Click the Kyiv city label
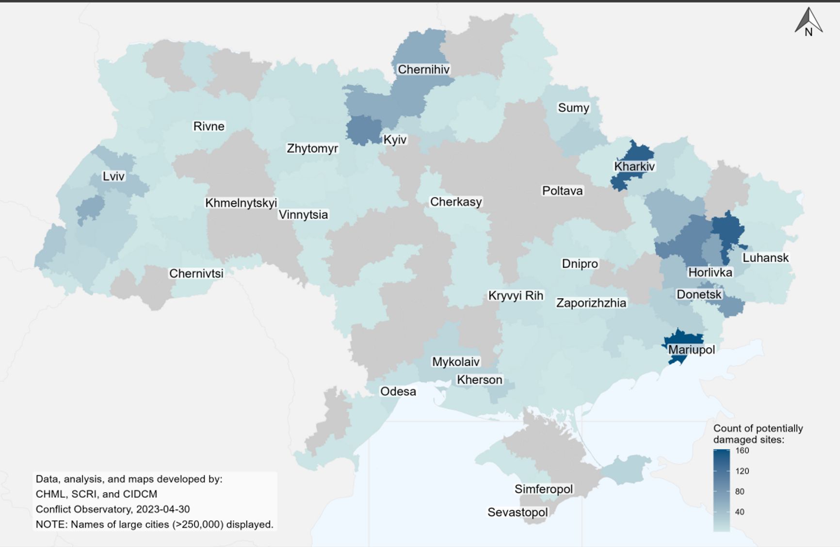tap(395, 140)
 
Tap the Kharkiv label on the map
tap(634, 166)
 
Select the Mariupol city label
tap(691, 350)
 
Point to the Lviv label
tap(113, 176)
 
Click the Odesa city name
tap(398, 391)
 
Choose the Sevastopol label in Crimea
tap(517, 512)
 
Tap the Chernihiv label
tap(423, 69)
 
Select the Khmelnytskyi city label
tap(241, 203)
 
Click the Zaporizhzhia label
tap(591, 303)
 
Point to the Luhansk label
tap(765, 257)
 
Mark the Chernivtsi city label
tap(196, 273)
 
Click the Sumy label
tap(573, 108)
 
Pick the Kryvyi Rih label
tap(516, 295)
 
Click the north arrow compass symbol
tap(808, 22)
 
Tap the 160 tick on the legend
tap(742, 450)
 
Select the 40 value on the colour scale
tap(740, 512)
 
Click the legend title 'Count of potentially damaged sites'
tap(758, 434)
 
